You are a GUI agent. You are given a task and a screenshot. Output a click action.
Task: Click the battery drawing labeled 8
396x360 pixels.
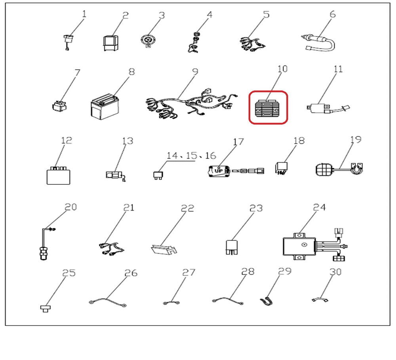click(x=105, y=107)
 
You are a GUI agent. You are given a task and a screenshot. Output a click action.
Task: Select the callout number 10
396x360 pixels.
click(x=282, y=69)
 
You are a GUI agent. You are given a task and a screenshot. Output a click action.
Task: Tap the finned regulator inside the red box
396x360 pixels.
click(x=268, y=108)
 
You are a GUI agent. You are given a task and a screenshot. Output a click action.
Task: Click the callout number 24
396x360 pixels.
click(x=319, y=207)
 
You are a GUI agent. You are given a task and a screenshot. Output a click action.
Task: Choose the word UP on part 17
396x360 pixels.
click(x=219, y=171)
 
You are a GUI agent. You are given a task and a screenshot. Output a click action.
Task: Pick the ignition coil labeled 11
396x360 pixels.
click(x=328, y=108)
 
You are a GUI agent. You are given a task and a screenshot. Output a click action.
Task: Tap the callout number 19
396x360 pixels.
click(x=356, y=140)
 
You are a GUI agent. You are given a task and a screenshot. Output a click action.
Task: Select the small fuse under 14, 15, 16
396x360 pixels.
click(x=158, y=175)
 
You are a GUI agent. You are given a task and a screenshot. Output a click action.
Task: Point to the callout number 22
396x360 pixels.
click(x=187, y=208)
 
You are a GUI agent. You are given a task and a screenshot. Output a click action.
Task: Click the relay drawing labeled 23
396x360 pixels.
click(x=232, y=247)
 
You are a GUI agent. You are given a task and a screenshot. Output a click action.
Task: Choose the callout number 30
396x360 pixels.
click(x=335, y=272)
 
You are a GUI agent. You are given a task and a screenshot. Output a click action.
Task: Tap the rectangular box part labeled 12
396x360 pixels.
click(x=58, y=175)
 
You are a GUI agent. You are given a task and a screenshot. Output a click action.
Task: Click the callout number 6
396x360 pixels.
click(x=333, y=14)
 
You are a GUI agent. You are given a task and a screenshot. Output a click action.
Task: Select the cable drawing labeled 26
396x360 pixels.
click(x=108, y=302)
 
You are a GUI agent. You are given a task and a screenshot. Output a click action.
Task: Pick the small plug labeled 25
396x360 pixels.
click(x=46, y=308)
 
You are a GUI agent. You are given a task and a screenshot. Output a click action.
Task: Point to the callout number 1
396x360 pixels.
click(x=84, y=13)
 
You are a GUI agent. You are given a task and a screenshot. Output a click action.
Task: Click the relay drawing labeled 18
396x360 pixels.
click(x=281, y=169)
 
